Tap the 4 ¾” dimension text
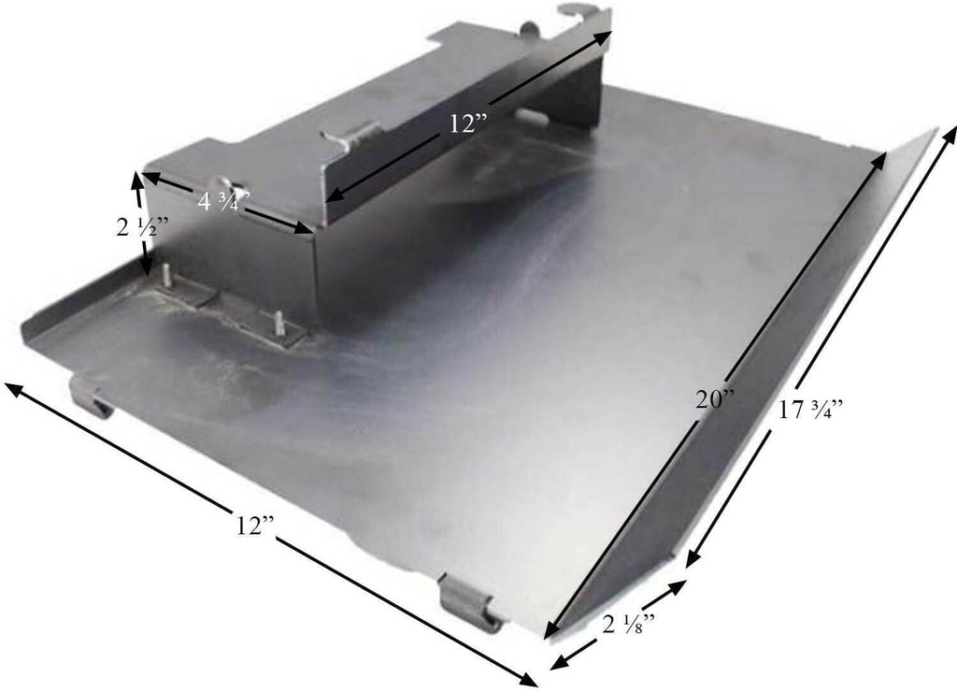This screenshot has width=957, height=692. (221, 201)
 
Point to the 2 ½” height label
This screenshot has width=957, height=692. (141, 227)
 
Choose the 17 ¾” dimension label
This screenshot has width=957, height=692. (811, 411)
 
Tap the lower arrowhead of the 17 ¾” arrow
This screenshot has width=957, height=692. (691, 561)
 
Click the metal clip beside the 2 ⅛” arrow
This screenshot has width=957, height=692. (467, 602)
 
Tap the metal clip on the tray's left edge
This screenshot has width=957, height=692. (90, 396)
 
